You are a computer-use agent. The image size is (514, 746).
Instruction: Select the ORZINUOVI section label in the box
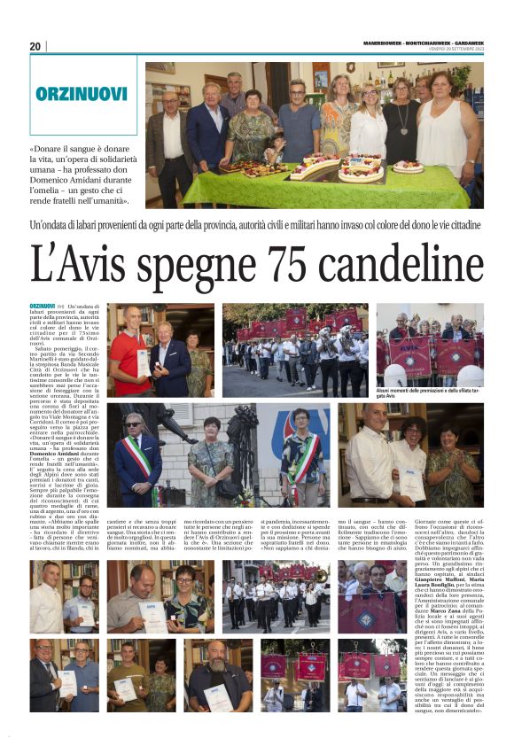tap(82, 94)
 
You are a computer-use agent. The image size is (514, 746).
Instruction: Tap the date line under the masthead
tap(451, 50)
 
